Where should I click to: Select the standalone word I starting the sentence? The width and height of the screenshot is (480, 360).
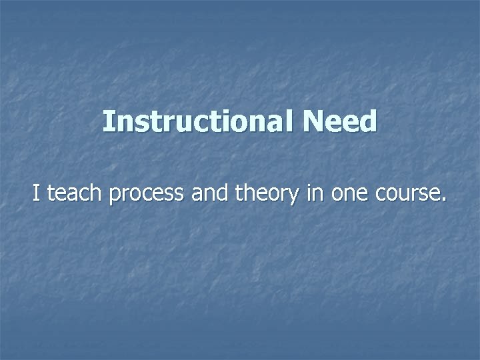37,194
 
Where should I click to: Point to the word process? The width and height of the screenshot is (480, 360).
146,195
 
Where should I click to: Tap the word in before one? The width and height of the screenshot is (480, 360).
315,194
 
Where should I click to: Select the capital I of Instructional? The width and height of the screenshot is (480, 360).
108,122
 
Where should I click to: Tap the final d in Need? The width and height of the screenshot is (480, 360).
369,122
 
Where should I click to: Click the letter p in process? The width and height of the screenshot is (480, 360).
114,197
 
